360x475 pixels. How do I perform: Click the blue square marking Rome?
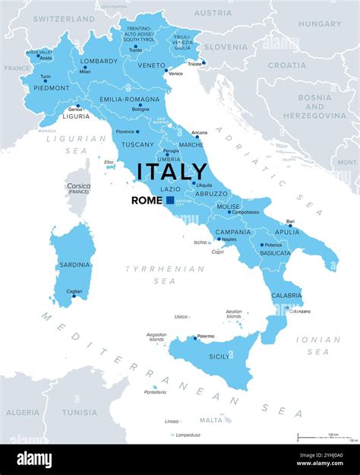[x=170, y=200]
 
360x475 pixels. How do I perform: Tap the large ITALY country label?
[x=172, y=172]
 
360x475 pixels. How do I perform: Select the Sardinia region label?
[x=74, y=264]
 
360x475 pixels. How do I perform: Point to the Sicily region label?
[x=219, y=356]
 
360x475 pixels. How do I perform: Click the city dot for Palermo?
[x=193, y=337]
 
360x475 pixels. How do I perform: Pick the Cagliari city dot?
[x=74, y=296]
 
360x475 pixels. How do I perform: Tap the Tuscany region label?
[x=137, y=144]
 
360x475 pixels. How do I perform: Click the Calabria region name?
[x=286, y=296]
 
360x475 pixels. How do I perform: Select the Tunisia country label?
[x=80, y=413]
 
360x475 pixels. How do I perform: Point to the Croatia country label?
[x=286, y=65]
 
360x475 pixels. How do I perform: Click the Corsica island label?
[x=78, y=185]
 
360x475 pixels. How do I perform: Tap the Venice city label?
[x=175, y=73]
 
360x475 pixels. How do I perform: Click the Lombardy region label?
[x=99, y=61]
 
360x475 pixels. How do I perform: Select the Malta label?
[x=211, y=420]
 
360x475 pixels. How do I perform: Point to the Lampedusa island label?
[x=187, y=435]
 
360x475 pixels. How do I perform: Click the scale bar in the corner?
[x=326, y=437]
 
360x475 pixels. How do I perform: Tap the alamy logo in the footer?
[x=34, y=459]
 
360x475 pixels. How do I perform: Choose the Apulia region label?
[x=287, y=232]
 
